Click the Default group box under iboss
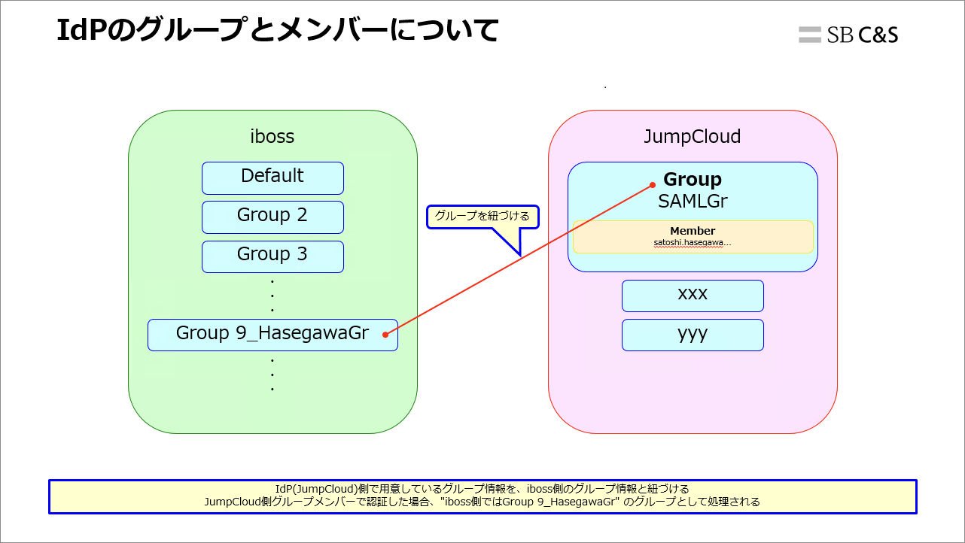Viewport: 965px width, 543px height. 272,177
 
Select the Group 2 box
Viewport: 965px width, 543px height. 272,217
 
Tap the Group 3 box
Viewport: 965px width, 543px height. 272,256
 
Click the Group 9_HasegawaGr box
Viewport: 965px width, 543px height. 272,334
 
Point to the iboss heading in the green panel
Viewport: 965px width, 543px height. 272,137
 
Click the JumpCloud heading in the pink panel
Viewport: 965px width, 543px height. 693,137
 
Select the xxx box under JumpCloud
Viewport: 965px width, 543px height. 693,295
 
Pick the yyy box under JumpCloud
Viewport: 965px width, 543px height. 693,334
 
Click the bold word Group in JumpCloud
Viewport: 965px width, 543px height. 693,180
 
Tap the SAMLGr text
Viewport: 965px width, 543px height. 693,202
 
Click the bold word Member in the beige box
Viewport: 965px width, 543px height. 693,231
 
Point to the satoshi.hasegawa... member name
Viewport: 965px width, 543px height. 693,243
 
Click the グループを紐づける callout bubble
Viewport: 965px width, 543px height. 483,217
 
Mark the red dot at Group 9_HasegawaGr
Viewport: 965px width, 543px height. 385,334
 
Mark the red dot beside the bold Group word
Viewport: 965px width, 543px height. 653,184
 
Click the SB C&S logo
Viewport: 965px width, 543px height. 849,35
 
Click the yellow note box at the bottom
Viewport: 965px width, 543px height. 483,496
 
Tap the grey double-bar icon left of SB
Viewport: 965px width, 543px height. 810,35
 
